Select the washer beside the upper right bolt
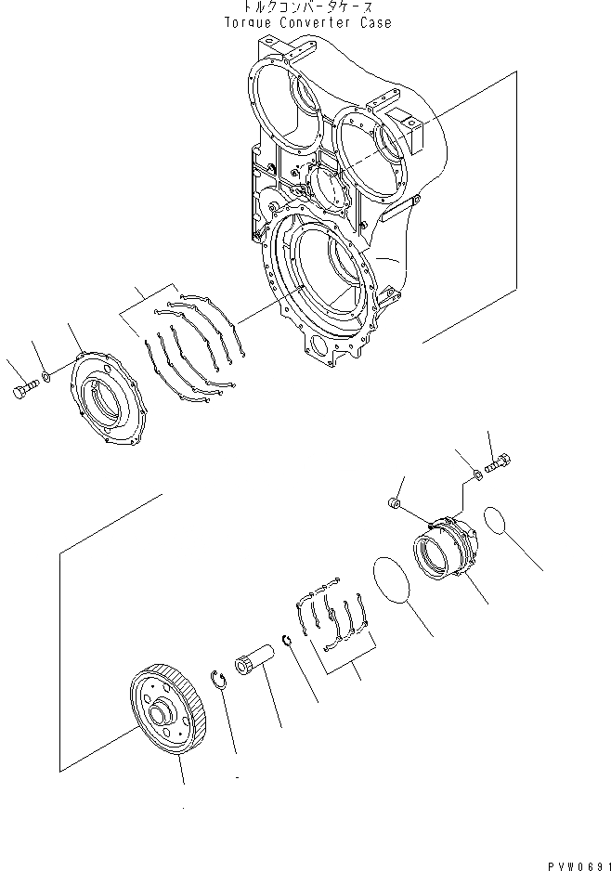click(476, 475)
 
